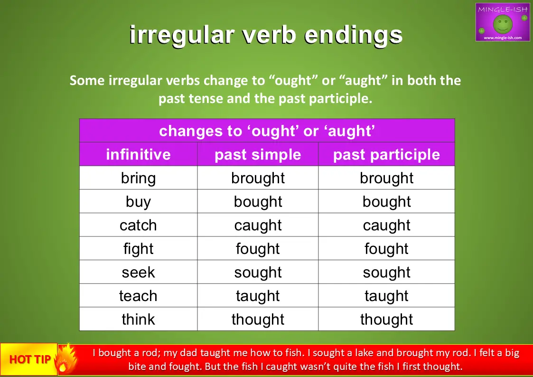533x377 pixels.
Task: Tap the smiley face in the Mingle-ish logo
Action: pyautogui.click(x=503, y=24)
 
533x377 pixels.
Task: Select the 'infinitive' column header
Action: pyautogui.click(x=138, y=154)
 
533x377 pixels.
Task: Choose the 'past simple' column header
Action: pyautogui.click(x=258, y=155)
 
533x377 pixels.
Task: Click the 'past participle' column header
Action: pyautogui.click(x=386, y=155)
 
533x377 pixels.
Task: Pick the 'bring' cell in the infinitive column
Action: pyautogui.click(x=138, y=178)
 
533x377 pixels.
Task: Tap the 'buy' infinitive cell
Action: pyautogui.click(x=138, y=202)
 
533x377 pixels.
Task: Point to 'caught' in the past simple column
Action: pyautogui.click(x=258, y=226)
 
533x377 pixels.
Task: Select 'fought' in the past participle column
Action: pyautogui.click(x=386, y=249)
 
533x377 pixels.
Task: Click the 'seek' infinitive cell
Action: pyautogui.click(x=138, y=272)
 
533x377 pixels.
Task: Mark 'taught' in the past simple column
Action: pyautogui.click(x=258, y=296)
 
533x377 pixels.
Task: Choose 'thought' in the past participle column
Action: pyautogui.click(x=386, y=320)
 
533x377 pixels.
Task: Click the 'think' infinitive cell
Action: pyautogui.click(x=138, y=319)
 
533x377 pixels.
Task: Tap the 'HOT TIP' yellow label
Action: pyautogui.click(x=29, y=359)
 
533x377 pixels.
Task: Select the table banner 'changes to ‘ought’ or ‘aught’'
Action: pyautogui.click(x=267, y=131)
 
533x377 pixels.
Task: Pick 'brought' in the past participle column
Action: pyautogui.click(x=386, y=178)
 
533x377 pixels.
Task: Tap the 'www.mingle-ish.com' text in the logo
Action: pyautogui.click(x=503, y=38)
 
